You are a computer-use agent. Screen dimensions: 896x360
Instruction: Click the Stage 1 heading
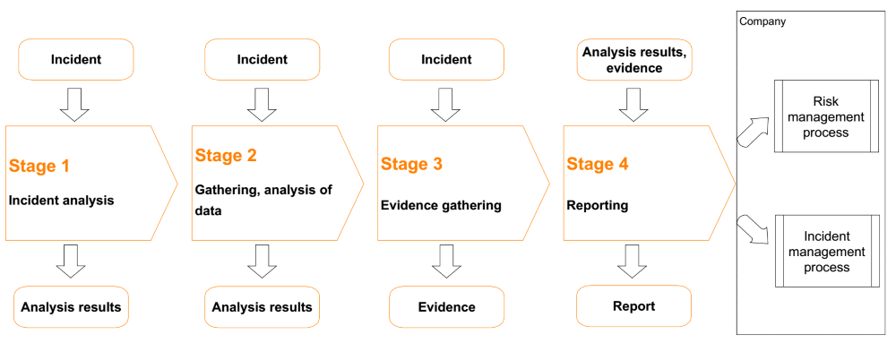[39, 167]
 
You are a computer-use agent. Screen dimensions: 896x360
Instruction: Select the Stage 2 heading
[226, 156]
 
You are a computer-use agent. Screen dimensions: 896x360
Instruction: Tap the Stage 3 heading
[411, 165]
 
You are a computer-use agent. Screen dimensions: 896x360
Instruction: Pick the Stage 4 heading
[597, 165]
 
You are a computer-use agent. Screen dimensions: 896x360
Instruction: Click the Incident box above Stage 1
[76, 59]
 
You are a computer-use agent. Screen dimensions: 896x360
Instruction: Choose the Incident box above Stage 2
[263, 59]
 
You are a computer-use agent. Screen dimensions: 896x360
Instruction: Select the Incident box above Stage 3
[446, 59]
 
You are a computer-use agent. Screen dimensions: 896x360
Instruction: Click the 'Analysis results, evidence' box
[634, 59]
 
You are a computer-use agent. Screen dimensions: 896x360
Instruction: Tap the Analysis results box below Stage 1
[71, 307]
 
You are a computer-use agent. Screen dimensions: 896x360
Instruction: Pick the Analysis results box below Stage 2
[263, 307]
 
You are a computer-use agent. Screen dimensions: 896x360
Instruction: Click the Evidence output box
[447, 307]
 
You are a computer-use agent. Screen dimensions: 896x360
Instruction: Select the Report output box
[633, 306]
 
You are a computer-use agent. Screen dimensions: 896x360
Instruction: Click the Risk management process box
[826, 116]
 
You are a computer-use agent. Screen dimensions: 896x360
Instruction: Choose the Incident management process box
[826, 252]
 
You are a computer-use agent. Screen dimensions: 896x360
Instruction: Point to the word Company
[762, 22]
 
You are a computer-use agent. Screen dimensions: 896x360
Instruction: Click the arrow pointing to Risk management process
[753, 132]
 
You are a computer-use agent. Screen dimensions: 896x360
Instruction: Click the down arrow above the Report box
[632, 261]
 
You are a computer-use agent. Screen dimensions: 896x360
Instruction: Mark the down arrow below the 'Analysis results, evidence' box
[634, 105]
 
